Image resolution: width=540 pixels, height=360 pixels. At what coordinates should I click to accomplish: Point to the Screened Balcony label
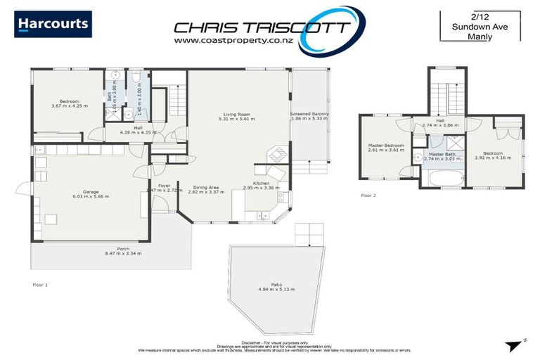coord(309,114)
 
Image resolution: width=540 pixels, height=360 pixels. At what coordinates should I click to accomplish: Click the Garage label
coord(89,191)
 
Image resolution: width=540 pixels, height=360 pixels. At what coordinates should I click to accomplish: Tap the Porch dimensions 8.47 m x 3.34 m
coord(123,253)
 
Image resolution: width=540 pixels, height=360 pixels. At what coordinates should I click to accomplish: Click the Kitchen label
coord(262,184)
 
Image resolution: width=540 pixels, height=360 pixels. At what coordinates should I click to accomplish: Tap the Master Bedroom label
coord(384,146)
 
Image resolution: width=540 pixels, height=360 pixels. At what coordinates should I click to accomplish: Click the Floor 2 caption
coord(368,195)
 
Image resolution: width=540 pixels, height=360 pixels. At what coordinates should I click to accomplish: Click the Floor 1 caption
coord(40,285)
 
